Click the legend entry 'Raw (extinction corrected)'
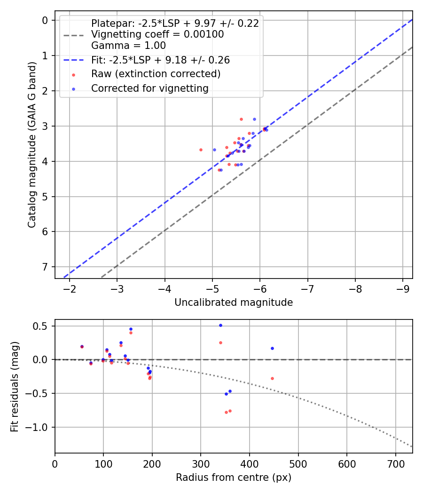pyautogui.click(x=156, y=74)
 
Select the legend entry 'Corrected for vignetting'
pyautogui.click(x=149, y=88)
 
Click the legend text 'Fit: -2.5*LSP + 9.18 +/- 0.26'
pyautogui.click(x=160, y=60)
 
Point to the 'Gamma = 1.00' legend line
pyautogui.click(x=128, y=46)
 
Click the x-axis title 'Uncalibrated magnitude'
pyautogui.click(x=234, y=303)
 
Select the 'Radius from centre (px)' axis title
pyautogui.click(x=234, y=478)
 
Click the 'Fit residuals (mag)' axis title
pyautogui.click(x=15, y=386)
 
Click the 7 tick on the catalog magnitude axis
pyautogui.click(x=45, y=267)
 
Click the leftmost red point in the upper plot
pyautogui.click(x=201, y=150)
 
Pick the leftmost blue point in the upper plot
pyautogui.click(x=214, y=150)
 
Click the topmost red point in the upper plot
pyautogui.click(x=241, y=119)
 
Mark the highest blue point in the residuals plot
pyautogui.click(x=220, y=325)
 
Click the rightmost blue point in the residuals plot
pyautogui.click(x=272, y=348)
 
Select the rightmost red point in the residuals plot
pyautogui.click(x=272, y=378)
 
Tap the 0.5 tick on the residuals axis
pyautogui.click(x=43, y=326)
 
